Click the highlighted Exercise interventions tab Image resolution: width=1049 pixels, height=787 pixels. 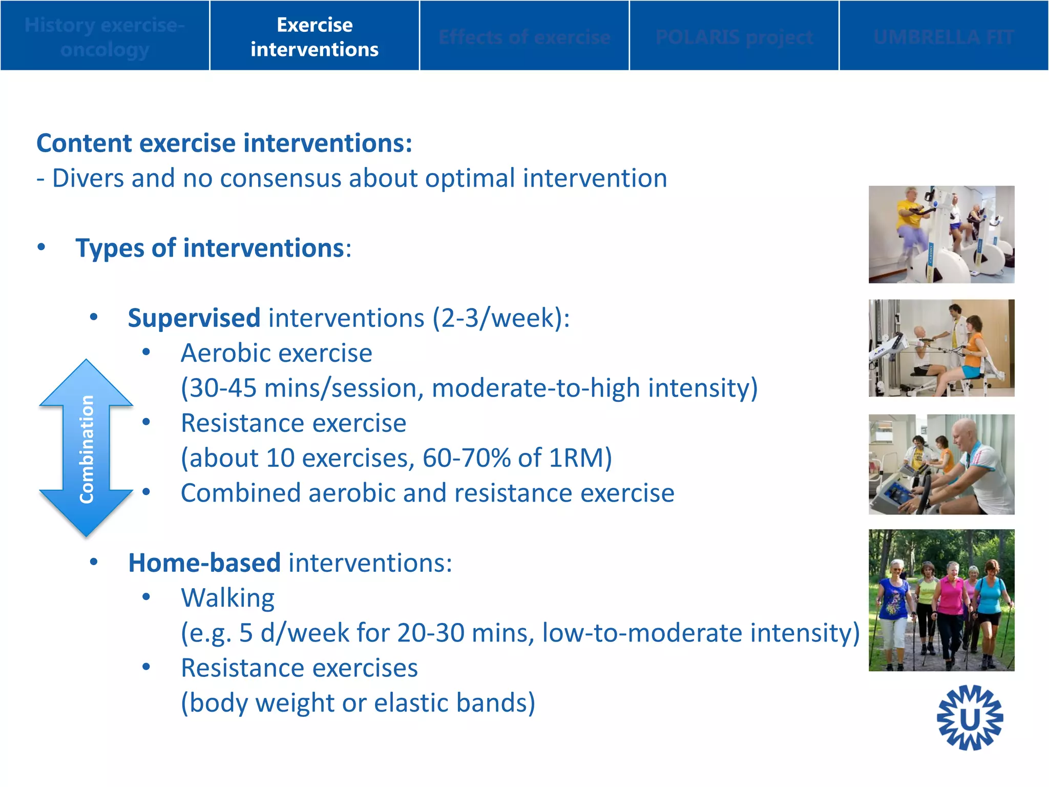coord(314,36)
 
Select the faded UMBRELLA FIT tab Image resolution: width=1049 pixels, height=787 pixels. coord(943,37)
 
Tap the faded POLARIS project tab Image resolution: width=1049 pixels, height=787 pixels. coord(733,37)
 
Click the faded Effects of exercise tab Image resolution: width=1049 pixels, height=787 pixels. coord(524,37)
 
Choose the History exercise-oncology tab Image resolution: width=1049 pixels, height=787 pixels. coord(104,37)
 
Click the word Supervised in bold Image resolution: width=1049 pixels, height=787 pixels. coord(194,318)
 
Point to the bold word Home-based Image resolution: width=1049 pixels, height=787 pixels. coord(204,563)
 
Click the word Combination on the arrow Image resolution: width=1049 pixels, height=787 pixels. coord(87,449)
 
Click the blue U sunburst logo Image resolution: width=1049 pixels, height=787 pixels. coord(969,718)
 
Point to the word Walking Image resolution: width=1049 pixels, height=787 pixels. coord(227,598)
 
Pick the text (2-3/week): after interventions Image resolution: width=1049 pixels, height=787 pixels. coord(501,318)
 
